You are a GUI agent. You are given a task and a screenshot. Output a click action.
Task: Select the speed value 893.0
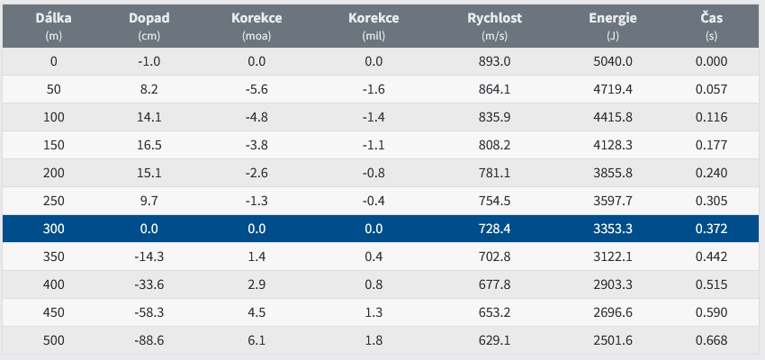click(494, 61)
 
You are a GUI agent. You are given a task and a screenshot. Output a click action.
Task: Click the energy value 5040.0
click(612, 61)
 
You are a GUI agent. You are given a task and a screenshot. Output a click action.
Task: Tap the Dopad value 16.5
click(148, 145)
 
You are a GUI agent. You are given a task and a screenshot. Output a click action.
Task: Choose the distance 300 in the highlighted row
click(52, 229)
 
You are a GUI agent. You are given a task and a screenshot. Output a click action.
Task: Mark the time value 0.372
click(711, 229)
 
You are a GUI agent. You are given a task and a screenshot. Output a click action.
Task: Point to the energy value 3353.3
click(612, 229)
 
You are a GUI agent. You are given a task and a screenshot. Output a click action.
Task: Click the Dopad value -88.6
click(148, 340)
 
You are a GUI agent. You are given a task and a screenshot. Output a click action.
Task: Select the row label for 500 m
click(52, 340)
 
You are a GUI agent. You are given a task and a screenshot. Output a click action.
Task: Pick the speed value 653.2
click(494, 312)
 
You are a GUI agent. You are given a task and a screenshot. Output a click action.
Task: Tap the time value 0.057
click(711, 89)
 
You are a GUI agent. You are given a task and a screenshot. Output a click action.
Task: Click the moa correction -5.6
click(256, 89)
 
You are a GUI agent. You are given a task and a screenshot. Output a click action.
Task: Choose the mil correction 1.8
click(373, 340)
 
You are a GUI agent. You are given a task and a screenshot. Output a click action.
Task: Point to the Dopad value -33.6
click(148, 284)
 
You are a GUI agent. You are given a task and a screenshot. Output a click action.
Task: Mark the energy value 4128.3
click(612, 145)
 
